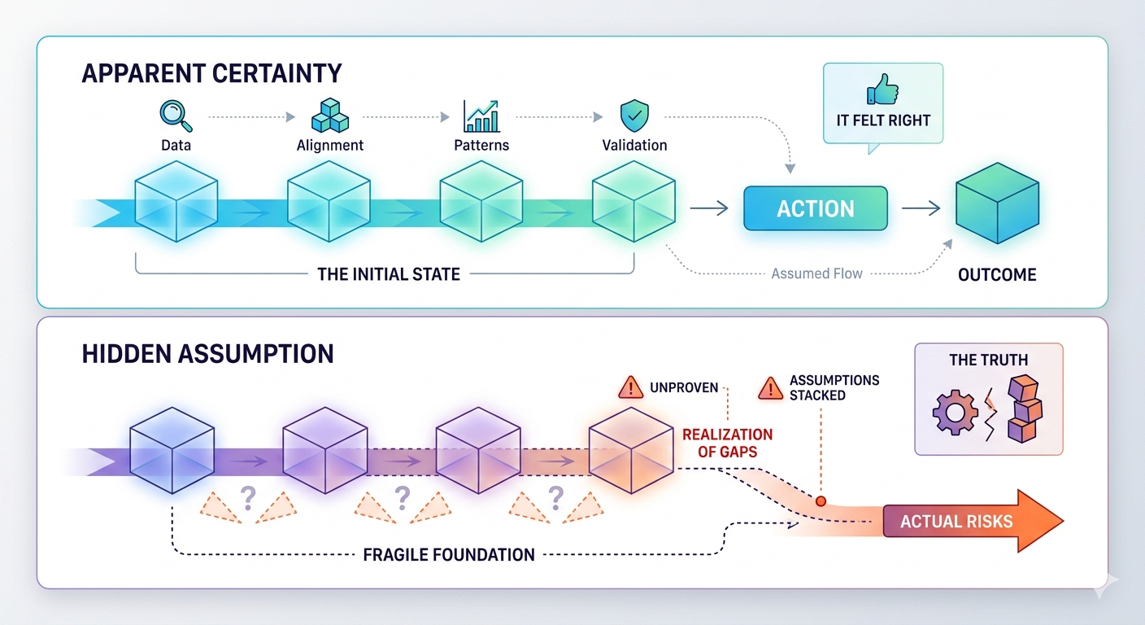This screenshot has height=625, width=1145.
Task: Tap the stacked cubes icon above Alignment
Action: pos(329,116)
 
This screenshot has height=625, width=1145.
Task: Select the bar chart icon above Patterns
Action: pos(481,116)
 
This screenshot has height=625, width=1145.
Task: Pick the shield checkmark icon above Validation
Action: pos(633,116)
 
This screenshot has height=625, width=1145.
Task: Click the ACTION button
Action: pos(816,208)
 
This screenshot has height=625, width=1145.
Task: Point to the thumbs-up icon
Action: pos(882,90)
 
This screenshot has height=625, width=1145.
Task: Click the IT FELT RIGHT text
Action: pos(883,120)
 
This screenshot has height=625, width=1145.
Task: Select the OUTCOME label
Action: pos(997,274)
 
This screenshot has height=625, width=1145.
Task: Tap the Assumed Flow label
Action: pos(816,273)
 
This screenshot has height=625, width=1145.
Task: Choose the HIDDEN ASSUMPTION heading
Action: pos(208,353)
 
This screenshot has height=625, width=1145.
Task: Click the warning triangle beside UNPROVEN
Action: pos(631,388)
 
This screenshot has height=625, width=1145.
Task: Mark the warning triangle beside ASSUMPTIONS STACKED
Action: pos(770,388)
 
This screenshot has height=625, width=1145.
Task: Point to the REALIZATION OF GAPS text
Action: pos(727,443)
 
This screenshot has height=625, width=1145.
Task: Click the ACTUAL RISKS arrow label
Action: pos(956,521)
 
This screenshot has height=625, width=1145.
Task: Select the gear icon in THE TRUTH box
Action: pos(955,413)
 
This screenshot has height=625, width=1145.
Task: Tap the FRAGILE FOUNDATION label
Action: pos(449,555)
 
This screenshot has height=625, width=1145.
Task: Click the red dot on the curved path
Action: pos(821,501)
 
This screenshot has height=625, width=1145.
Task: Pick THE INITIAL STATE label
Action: pos(389,273)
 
